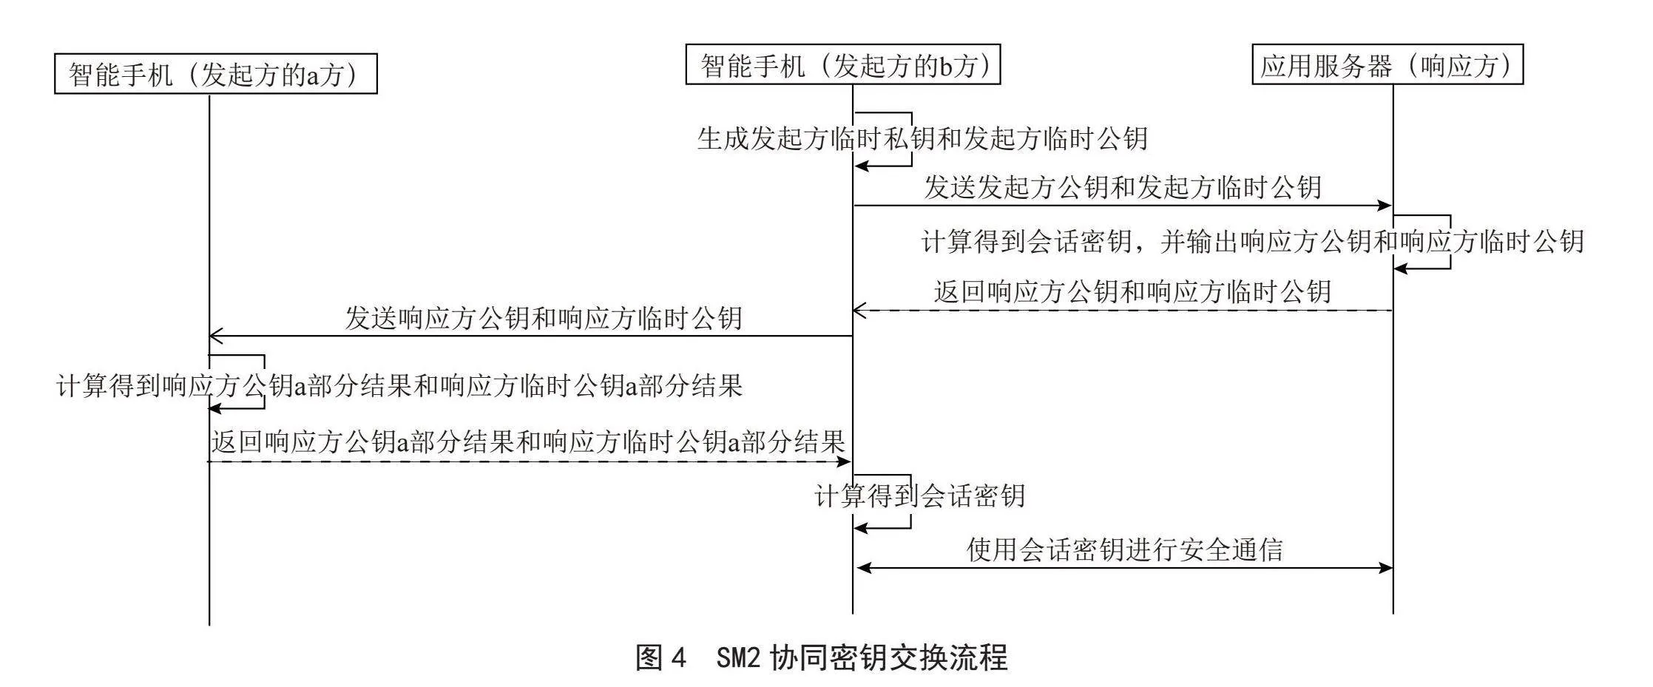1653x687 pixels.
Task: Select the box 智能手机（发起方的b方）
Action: [843, 64]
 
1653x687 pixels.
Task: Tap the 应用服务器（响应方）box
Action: [1387, 64]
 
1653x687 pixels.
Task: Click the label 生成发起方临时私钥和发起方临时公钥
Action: [922, 138]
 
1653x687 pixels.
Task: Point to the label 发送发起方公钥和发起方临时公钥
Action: [1122, 186]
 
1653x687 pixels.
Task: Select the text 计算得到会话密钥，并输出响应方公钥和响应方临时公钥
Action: [1252, 241]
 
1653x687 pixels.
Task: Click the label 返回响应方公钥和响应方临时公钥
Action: [1132, 291]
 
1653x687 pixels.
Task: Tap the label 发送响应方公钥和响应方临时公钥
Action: [544, 317]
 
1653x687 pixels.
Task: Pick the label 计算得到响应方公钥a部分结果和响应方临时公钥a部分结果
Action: [399, 385]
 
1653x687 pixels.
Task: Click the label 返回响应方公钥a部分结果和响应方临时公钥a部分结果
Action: [528, 441]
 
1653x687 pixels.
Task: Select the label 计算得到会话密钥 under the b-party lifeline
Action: [919, 495]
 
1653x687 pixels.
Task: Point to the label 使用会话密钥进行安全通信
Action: [1124, 549]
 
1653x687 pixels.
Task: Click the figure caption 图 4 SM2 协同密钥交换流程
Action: [822, 657]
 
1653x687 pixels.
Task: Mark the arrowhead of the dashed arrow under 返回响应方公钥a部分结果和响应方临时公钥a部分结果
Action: [843, 461]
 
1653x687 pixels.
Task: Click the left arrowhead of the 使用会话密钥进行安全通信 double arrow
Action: [862, 568]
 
